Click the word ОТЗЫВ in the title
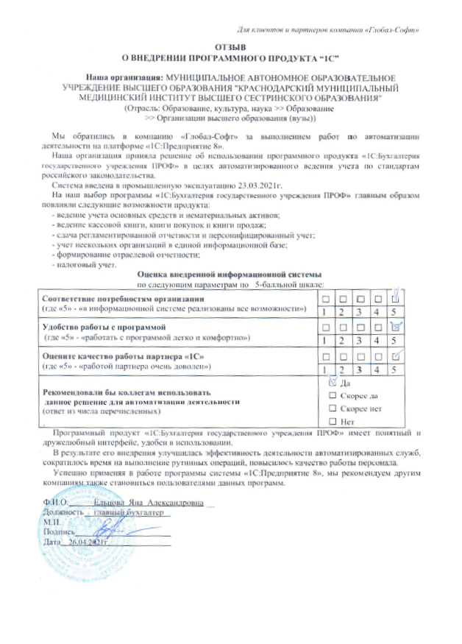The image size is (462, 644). point(230,47)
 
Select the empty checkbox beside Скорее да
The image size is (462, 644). point(333,395)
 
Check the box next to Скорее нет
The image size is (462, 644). point(333,408)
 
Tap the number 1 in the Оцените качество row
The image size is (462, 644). point(324,369)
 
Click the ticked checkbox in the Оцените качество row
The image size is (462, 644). point(395,357)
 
